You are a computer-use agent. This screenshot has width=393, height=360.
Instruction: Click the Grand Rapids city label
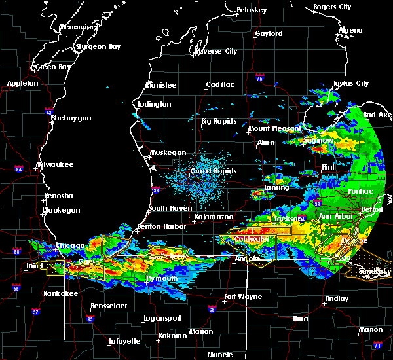pyautogui.click(x=213, y=171)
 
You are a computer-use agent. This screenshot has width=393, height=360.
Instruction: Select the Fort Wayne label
pyautogui.click(x=243, y=297)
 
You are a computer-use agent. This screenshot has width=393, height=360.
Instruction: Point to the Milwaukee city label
pyautogui.click(x=55, y=164)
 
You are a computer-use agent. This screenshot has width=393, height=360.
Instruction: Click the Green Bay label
pyautogui.click(x=54, y=67)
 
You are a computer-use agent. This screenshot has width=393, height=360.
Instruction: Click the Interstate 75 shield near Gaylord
pyautogui.click(x=260, y=79)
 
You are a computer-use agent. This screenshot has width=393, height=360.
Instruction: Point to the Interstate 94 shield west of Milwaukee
pyautogui.click(x=20, y=170)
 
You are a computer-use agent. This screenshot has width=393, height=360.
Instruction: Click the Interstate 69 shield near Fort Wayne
pyautogui.click(x=212, y=310)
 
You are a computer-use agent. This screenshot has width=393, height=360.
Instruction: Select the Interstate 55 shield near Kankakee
pyautogui.click(x=15, y=287)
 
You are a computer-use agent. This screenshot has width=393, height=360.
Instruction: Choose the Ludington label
pyautogui.click(x=155, y=105)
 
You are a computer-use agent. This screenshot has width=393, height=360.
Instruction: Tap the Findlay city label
pyautogui.click(x=337, y=298)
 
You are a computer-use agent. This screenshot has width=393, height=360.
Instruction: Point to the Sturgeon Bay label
pyautogui.click(x=98, y=46)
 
